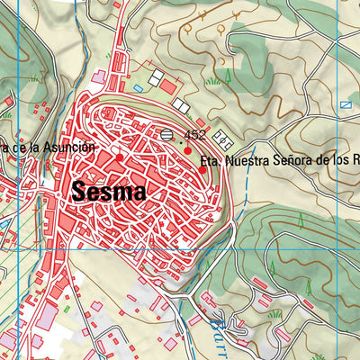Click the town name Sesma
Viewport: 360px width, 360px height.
pyautogui.click(x=107, y=191)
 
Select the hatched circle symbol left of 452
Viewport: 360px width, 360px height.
pyautogui.click(x=167, y=135)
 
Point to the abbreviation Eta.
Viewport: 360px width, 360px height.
pyautogui.click(x=211, y=165)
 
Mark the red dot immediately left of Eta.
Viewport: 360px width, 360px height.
pyautogui.click(x=202, y=169)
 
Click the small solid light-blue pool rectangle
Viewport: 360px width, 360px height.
pyautogui.click(x=138, y=88)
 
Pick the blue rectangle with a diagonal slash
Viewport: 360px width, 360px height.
pyautogui.click(x=346, y=105)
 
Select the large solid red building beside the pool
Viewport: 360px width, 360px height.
pyautogui.click(x=168, y=86)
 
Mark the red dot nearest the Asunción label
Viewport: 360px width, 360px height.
pyautogui.click(x=119, y=157)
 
